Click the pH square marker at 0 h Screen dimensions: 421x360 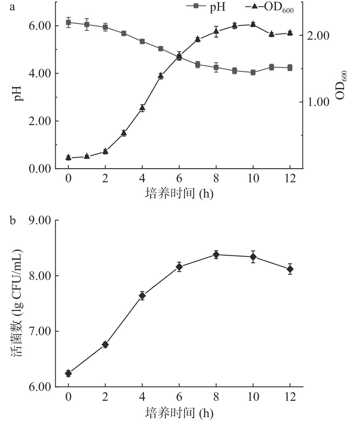(68, 22)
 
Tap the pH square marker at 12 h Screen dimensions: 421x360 (290, 68)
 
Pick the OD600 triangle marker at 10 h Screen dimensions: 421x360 (253, 24)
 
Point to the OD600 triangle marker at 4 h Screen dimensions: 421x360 (142, 108)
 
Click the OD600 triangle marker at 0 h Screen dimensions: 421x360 (68, 157)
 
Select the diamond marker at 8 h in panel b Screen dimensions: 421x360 (216, 255)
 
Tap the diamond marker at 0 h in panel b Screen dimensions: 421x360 (68, 373)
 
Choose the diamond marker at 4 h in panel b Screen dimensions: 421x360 (142, 296)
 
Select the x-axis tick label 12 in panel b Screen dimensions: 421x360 (290, 397)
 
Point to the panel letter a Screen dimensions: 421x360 (13, 6)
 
